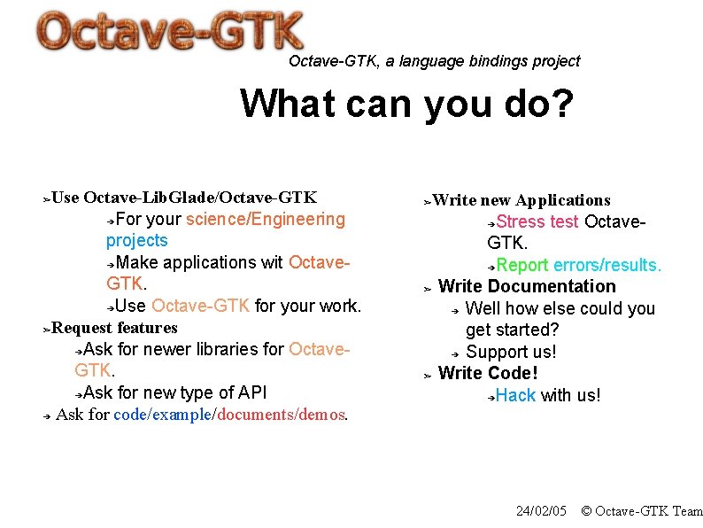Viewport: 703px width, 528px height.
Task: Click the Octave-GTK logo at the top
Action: (x=170, y=33)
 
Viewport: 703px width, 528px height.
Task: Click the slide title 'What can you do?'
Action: (x=406, y=104)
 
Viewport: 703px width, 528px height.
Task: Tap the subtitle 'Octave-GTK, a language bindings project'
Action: (x=434, y=61)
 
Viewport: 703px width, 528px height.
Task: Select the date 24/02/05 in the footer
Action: (x=540, y=511)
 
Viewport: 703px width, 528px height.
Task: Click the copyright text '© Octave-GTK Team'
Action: (x=641, y=511)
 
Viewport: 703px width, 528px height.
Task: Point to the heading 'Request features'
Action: (x=114, y=328)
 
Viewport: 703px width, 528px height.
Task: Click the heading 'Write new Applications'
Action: (x=521, y=200)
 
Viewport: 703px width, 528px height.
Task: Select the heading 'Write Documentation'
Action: (x=527, y=286)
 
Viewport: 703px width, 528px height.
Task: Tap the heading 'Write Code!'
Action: (x=488, y=373)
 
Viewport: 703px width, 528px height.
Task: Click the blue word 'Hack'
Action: (x=515, y=395)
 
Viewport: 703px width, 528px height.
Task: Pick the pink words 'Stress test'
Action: (x=537, y=221)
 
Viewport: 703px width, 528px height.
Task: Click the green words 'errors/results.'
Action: (x=607, y=265)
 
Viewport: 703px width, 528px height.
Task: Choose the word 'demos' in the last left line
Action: (x=325, y=415)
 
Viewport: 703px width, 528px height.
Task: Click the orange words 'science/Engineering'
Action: (x=266, y=219)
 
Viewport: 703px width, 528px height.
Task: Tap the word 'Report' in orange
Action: (x=521, y=265)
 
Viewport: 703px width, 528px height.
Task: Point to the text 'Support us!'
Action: (x=511, y=352)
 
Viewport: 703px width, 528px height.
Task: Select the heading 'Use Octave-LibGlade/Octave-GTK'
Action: (x=184, y=197)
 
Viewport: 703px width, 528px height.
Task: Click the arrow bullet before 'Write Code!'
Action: (x=427, y=375)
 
